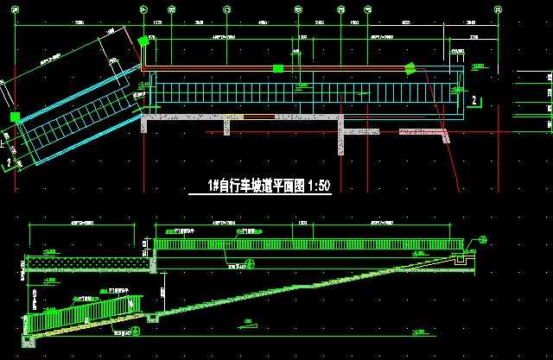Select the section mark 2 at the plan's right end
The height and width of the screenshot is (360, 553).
point(474,101)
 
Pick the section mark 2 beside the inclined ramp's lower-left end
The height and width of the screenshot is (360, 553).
point(8,160)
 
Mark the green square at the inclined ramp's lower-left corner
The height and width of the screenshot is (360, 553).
point(14,117)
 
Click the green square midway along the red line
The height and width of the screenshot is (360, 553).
point(277,68)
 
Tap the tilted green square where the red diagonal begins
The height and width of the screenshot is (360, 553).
point(411,68)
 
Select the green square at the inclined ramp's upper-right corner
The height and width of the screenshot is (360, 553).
point(143,41)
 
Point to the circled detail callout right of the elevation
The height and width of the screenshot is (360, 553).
point(482,239)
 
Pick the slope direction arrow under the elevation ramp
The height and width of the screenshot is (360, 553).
point(250,324)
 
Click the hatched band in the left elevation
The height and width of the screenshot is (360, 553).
point(83,259)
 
